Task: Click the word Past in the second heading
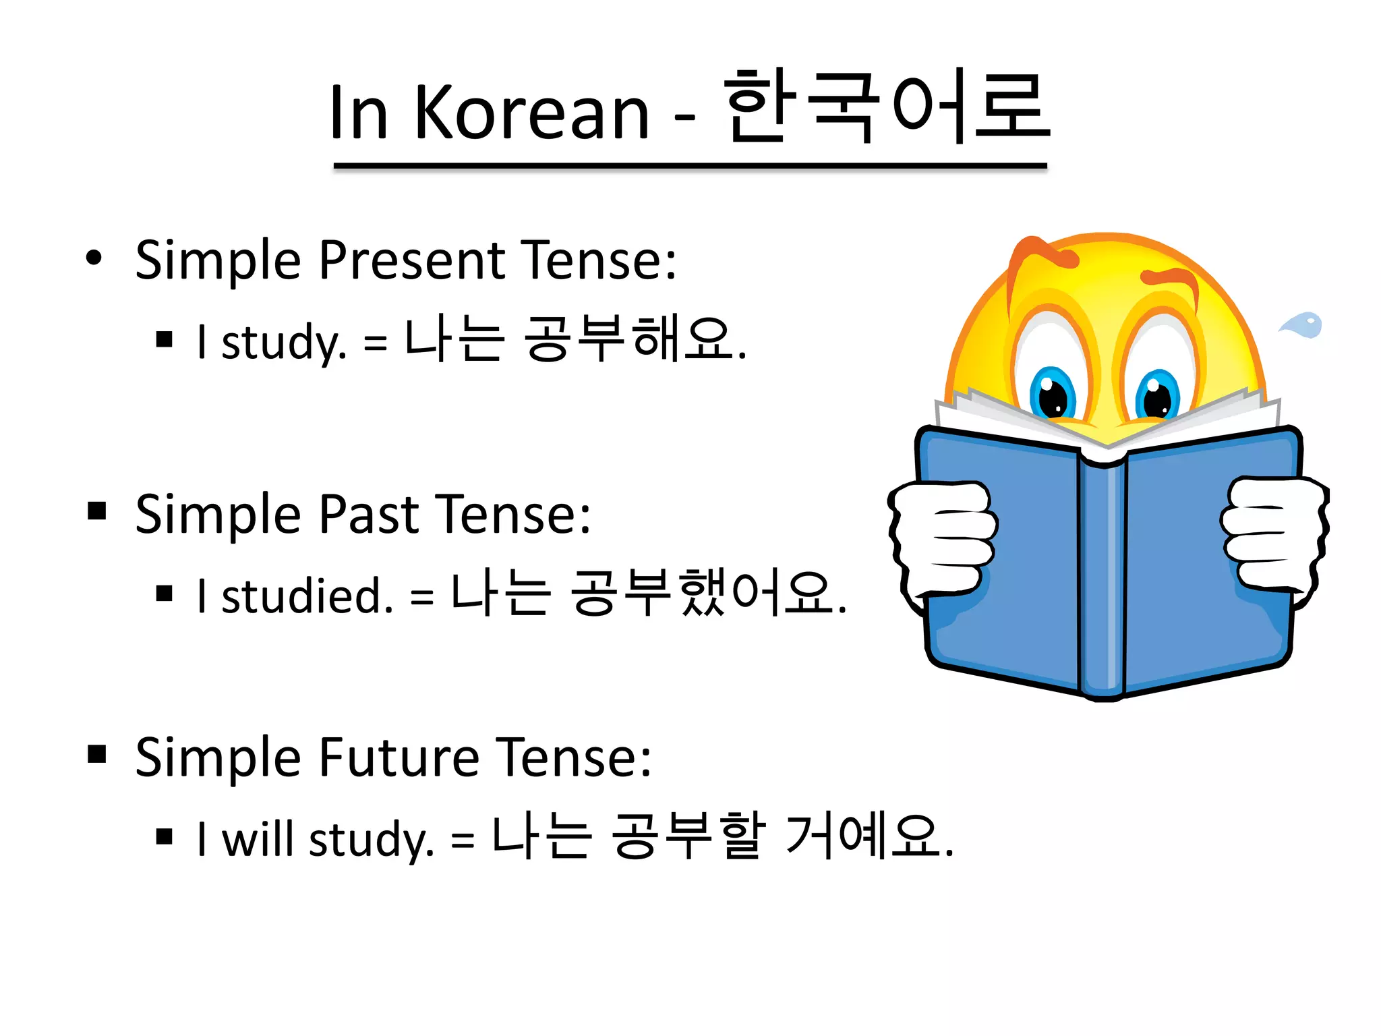(369, 514)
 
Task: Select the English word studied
(307, 596)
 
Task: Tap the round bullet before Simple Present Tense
(94, 258)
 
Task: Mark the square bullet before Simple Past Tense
(97, 511)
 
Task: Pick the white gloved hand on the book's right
(1271, 533)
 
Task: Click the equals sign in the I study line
(376, 343)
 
